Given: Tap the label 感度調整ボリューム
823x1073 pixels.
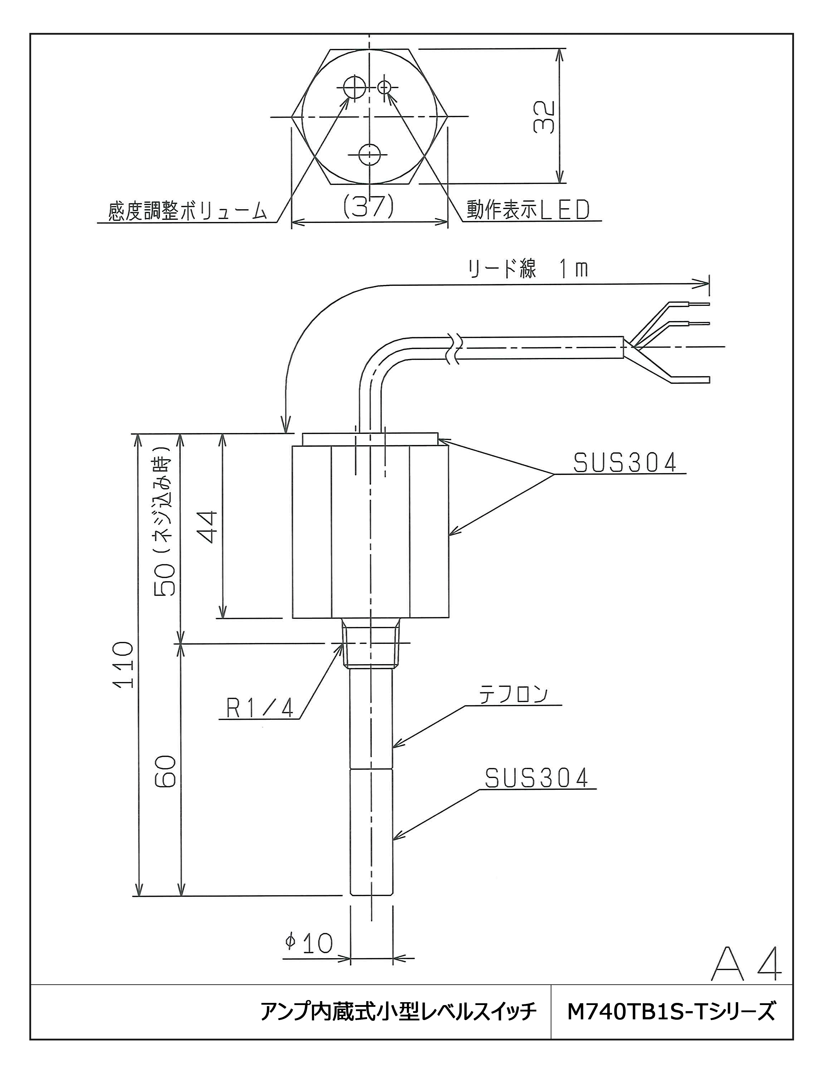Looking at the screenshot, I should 188,212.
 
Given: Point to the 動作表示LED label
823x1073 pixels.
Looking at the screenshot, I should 527,210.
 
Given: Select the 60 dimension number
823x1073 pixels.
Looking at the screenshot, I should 166,771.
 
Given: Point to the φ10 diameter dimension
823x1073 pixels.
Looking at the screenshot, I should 309,943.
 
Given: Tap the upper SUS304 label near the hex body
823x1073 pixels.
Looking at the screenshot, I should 625,463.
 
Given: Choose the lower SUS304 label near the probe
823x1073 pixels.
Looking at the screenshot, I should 536,778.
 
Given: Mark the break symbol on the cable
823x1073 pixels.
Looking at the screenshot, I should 454,348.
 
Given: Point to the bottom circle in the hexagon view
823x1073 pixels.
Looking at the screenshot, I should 369,155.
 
